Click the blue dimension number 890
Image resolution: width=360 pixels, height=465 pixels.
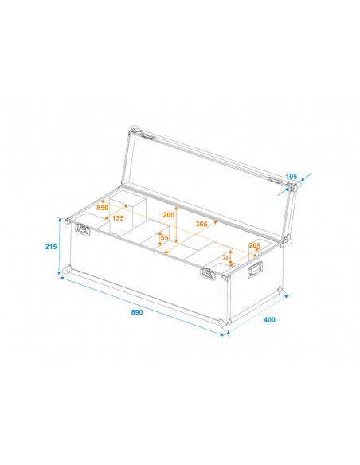click(x=137, y=312)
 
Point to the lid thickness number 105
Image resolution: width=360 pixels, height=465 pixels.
click(x=291, y=176)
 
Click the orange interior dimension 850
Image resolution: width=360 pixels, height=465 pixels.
click(x=102, y=208)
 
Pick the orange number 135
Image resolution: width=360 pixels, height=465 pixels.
click(x=117, y=218)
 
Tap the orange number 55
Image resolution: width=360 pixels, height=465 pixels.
click(x=164, y=237)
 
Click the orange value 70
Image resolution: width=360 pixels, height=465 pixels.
click(x=225, y=258)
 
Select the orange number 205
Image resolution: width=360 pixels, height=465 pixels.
click(x=255, y=245)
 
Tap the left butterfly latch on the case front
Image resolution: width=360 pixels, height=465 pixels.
click(x=83, y=230)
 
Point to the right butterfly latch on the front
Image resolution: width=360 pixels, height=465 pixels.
click(x=208, y=274)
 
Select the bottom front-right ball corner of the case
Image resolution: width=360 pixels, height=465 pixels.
click(x=225, y=326)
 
